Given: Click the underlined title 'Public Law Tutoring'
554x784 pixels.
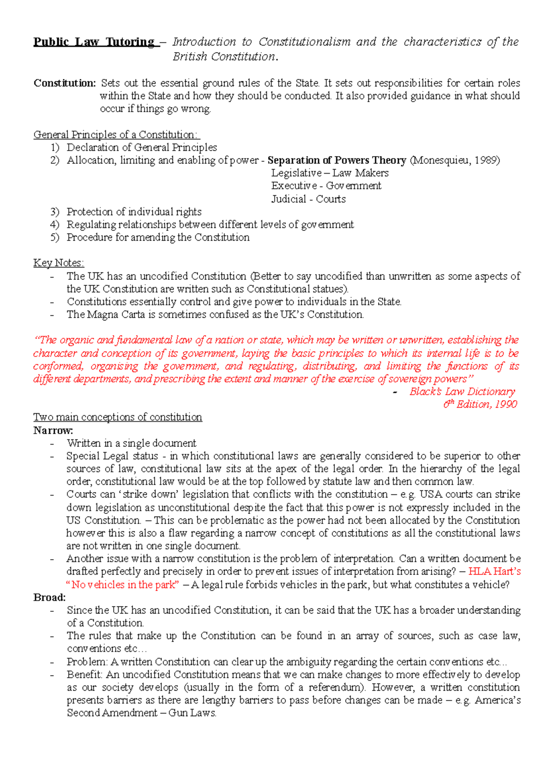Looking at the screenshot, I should [x=94, y=42].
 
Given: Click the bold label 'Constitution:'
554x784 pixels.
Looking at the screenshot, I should [x=65, y=83].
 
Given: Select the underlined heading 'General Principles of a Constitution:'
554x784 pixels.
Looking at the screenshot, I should [x=116, y=135].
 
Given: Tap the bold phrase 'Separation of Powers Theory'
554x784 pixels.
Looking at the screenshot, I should [x=337, y=160].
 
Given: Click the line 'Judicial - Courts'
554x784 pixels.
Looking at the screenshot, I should [x=308, y=199].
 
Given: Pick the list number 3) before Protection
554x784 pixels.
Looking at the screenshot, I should [x=55, y=212].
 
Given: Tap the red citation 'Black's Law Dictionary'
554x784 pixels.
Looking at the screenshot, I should [x=462, y=392].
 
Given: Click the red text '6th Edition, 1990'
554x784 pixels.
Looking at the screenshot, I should [x=480, y=404].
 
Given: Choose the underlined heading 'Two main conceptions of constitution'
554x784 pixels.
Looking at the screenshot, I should [x=117, y=417].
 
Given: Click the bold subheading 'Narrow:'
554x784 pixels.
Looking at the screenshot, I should [x=53, y=430].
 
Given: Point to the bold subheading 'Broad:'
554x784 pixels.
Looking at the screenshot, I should [x=49, y=597].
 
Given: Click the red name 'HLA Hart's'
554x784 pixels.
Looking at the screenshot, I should [x=494, y=571].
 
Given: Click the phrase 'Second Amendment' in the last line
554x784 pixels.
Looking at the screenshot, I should [x=112, y=713].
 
